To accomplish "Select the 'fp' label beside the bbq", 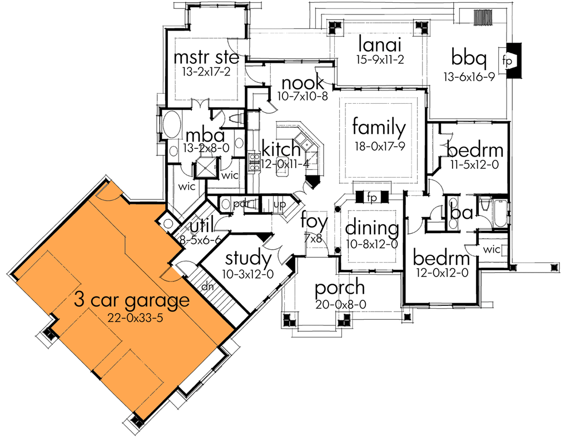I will point(508,60).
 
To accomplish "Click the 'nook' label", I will point(303,83).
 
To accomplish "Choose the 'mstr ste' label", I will point(206,58).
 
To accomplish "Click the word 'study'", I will point(249,258).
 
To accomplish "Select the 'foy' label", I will point(314,222).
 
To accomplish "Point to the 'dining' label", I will point(372,228).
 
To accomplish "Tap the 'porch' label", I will point(340,288).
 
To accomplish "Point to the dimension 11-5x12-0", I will point(474,164).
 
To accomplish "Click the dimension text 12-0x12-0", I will point(442,274).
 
